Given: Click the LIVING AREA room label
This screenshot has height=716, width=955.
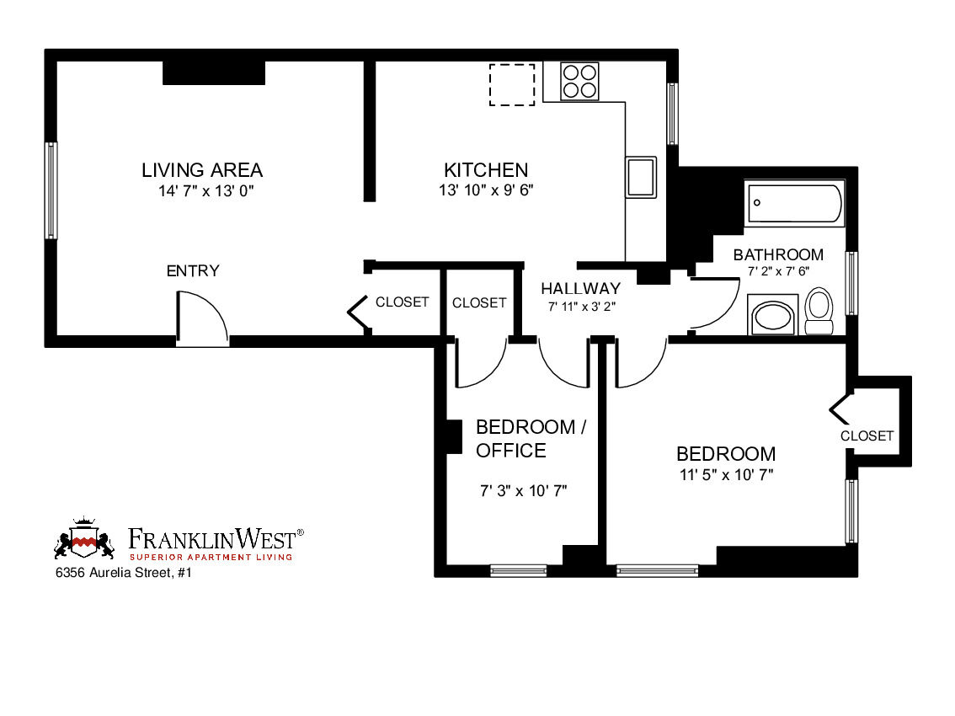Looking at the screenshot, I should [x=201, y=170].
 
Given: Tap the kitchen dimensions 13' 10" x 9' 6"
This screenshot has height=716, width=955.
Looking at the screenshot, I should [x=486, y=190].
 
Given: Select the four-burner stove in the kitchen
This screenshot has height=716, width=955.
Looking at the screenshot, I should [x=579, y=82].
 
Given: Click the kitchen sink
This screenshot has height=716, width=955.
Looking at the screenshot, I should [x=641, y=177].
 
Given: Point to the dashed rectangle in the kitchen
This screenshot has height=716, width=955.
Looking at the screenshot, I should [x=512, y=85].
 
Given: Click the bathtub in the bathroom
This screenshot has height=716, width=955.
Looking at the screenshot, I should [x=794, y=204].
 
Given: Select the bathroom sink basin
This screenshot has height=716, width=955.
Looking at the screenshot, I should [x=772, y=317].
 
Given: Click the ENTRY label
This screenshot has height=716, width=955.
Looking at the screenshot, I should [x=192, y=271].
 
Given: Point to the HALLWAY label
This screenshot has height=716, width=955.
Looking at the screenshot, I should [x=580, y=289].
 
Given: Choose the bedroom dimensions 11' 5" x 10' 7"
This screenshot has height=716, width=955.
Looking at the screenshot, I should [x=726, y=474].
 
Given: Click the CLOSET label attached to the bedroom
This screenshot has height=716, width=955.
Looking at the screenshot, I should [x=867, y=435].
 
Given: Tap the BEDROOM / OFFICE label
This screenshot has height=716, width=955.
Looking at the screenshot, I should [x=531, y=438].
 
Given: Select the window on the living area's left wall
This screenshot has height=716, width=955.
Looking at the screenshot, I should [x=51, y=190].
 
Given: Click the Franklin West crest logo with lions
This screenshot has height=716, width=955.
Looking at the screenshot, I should [x=84, y=542].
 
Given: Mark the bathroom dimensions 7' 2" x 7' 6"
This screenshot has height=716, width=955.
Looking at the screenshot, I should [x=777, y=272].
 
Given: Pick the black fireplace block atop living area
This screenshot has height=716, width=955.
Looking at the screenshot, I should [x=214, y=73].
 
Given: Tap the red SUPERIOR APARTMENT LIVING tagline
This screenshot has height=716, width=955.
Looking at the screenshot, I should [x=211, y=557].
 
